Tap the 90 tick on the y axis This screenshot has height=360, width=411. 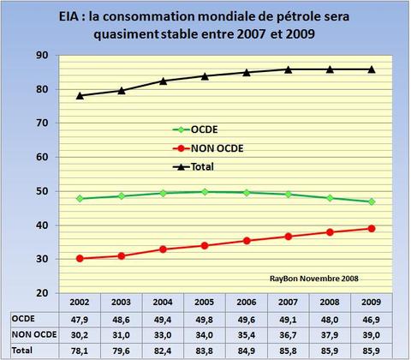coord(41,55)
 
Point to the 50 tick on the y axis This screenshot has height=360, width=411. coord(41,191)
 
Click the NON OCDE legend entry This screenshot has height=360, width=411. coord(214,149)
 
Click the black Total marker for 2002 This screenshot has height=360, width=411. coord(80,95)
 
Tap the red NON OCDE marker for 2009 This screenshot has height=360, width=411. coord(371,228)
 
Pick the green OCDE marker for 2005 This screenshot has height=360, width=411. coord(205,192)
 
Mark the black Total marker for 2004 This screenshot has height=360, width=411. coord(163,81)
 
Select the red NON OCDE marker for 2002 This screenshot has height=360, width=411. coord(80,258)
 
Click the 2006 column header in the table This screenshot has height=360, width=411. coord(246,303)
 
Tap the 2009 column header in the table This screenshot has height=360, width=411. coord(370,303)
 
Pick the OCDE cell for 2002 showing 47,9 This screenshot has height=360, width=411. coord(80,318)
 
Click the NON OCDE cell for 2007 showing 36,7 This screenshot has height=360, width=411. coord(287,334)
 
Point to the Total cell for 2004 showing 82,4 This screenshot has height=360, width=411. coord(163,350)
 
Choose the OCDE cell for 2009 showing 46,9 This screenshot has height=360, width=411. coord(370,318)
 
